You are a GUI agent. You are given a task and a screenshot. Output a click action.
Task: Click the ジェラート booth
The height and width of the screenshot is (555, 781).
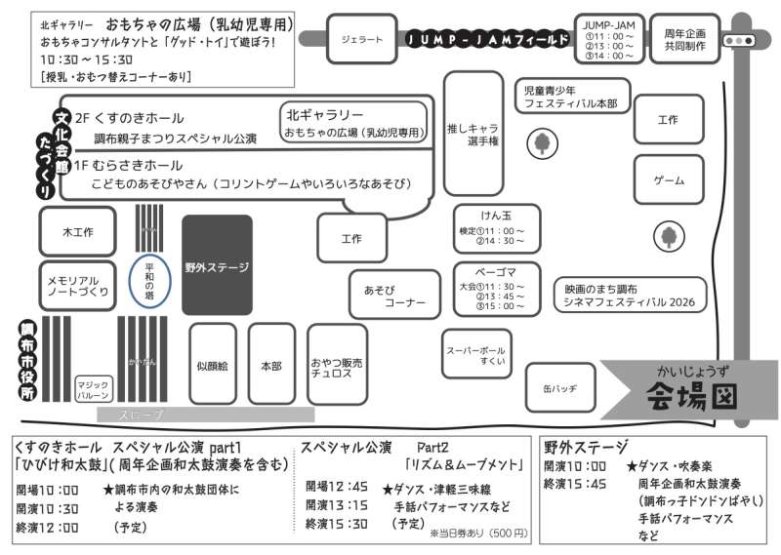[x=361, y=39]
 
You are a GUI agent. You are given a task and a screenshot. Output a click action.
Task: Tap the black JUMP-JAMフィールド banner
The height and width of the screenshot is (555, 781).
[x=487, y=40]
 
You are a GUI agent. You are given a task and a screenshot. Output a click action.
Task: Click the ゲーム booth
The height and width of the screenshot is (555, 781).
[x=668, y=181]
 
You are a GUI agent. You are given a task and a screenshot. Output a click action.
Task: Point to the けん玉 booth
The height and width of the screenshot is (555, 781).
[x=496, y=228]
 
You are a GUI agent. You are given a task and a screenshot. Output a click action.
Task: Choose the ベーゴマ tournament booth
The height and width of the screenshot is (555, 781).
[x=496, y=288]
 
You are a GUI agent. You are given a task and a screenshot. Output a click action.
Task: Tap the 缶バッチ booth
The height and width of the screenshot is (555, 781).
[x=559, y=387]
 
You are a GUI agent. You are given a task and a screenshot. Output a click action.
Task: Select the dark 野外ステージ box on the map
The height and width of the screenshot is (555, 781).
[x=217, y=265]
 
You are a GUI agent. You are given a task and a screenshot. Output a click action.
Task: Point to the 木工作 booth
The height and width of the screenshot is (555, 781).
[x=78, y=232]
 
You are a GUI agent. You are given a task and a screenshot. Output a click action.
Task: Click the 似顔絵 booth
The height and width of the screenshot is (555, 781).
[x=212, y=365]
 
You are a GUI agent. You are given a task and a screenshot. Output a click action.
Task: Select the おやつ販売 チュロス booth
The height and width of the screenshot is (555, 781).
[x=338, y=365]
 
